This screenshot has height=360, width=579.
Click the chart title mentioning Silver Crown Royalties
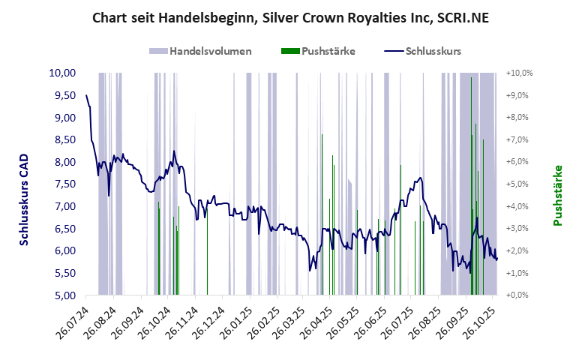coord(289,17)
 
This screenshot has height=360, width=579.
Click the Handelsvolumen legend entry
coord(199,51)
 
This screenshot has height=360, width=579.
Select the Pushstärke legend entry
coord(318,51)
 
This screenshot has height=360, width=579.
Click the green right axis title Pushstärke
coord(557,196)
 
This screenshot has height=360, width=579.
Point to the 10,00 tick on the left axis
coord(62,73)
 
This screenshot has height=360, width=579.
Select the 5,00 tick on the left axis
coord(62,295)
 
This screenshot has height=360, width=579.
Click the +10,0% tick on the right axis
coord(520,73)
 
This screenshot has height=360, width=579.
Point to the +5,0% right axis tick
coord(520,184)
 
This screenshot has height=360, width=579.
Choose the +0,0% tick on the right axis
coord(520,295)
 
